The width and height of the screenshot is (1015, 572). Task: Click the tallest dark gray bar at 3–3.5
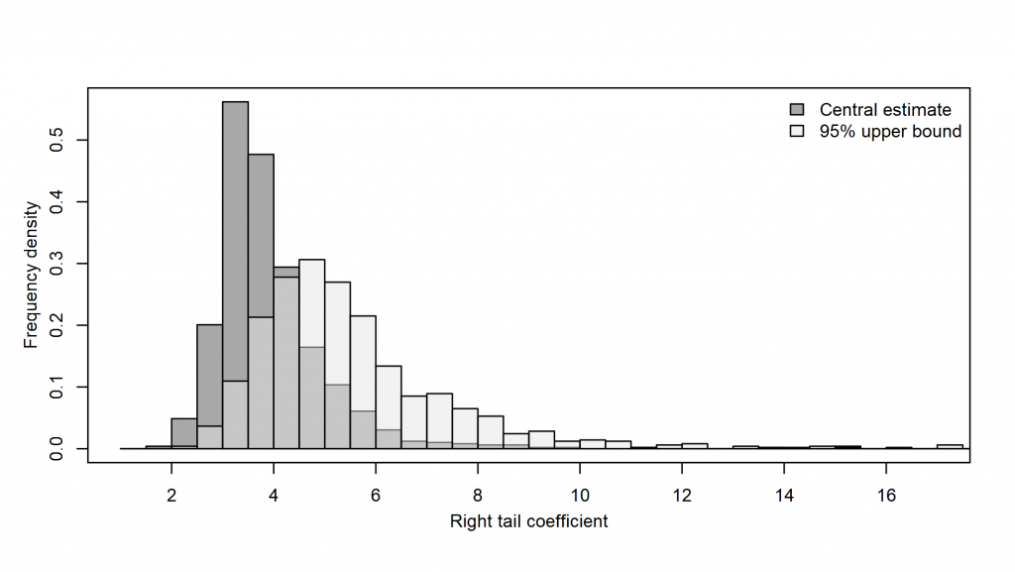point(235,248)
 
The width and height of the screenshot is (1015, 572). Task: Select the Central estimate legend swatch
point(797,109)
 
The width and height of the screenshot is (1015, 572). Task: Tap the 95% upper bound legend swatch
point(797,131)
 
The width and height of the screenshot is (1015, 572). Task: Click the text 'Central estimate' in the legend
point(885,109)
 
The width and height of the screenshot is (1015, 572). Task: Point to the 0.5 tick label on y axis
point(60,141)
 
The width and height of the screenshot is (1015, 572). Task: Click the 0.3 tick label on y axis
point(60,264)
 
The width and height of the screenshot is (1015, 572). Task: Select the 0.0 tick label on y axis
point(60,448)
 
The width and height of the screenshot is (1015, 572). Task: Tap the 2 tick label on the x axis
point(171,495)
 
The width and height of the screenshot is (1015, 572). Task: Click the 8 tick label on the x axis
point(478,495)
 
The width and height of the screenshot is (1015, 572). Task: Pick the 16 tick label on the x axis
point(887,495)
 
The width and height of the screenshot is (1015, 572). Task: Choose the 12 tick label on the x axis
point(682,495)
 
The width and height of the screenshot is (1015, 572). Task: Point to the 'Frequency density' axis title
point(31,275)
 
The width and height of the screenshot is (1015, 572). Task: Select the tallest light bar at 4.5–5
point(312,297)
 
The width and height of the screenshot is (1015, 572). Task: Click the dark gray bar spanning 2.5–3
point(209,377)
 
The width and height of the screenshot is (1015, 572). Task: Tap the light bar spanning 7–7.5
point(439,421)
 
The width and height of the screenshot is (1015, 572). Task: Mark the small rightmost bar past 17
point(950,446)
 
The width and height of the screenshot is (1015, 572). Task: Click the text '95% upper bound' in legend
point(890,131)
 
